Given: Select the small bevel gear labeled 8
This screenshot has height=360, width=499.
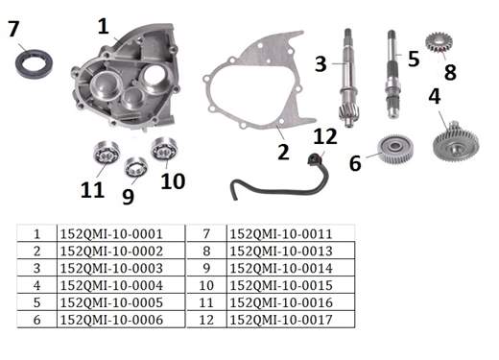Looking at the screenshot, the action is (439, 42).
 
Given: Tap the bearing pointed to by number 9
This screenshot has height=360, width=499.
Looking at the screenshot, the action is (136, 167).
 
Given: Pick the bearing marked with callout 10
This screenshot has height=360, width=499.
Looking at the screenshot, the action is (164, 149).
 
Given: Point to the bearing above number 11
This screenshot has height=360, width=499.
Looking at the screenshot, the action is (107, 153).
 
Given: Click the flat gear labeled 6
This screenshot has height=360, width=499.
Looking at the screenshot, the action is (395, 150).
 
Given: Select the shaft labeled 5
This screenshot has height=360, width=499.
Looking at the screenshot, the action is (392, 74).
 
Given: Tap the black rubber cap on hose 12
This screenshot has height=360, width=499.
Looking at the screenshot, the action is (315, 159).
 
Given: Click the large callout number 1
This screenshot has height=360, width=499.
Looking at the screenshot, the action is (103, 26).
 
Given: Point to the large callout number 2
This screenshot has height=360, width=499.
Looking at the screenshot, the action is (283, 152).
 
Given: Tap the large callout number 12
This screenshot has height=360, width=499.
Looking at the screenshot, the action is (325, 136).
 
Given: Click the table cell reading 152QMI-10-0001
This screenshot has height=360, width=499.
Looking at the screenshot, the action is (111, 234).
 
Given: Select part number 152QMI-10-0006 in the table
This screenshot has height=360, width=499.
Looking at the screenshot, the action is (111, 320).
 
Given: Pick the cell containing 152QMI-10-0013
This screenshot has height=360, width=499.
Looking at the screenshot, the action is (281, 252).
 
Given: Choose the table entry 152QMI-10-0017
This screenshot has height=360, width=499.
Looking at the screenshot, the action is (281, 320).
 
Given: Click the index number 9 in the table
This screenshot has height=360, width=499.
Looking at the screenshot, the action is (206, 268).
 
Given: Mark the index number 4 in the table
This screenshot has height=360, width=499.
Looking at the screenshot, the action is (37, 285).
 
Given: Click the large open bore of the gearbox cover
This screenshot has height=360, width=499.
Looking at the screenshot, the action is (154, 77).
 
